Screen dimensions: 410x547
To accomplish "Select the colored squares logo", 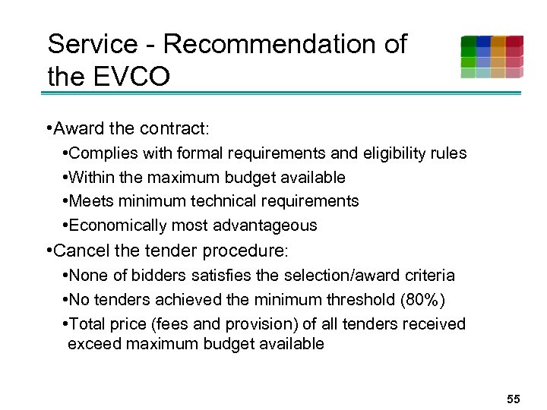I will [x=492, y=57].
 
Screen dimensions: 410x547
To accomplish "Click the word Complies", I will [x=101, y=153].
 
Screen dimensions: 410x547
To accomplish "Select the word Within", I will [x=90, y=178].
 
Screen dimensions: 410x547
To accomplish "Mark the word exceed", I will [x=93, y=344].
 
